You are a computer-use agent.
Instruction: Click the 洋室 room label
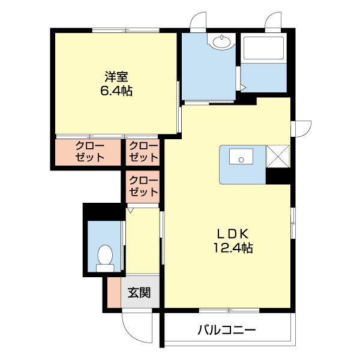pyautogui.click(x=117, y=77)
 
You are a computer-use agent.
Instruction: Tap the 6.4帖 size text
pyautogui.click(x=117, y=91)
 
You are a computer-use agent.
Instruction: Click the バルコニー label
pyautogui.click(x=227, y=329)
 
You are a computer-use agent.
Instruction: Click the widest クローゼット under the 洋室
pyautogui.click(x=89, y=152)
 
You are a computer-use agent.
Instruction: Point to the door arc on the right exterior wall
pyautogui.click(x=302, y=128)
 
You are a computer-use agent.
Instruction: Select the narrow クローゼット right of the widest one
pyautogui.click(x=143, y=152)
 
